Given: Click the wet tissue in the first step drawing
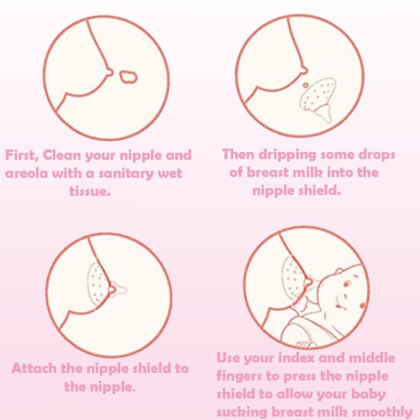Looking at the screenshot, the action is pyautogui.click(x=128, y=77).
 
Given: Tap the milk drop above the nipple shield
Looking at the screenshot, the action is pyautogui.click(x=306, y=86).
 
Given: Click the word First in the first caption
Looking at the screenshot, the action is pyautogui.click(x=22, y=155).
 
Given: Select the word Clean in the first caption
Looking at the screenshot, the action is pyautogui.click(x=61, y=155).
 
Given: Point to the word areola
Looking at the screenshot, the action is pyautogui.click(x=27, y=174).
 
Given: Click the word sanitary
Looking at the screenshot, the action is pyautogui.click(x=126, y=174).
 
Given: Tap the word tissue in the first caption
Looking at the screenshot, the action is pyautogui.click(x=90, y=191).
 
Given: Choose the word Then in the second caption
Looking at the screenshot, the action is pyautogui.click(x=238, y=154).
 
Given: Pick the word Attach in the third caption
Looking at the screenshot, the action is pyautogui.click(x=34, y=369).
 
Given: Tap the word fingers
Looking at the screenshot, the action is pyautogui.click(x=239, y=376).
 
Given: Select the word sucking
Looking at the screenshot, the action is pyautogui.click(x=242, y=413).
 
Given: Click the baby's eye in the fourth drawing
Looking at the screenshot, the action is pyautogui.click(x=347, y=283).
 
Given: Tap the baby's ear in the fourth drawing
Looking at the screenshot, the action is pyautogui.click(x=339, y=271).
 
